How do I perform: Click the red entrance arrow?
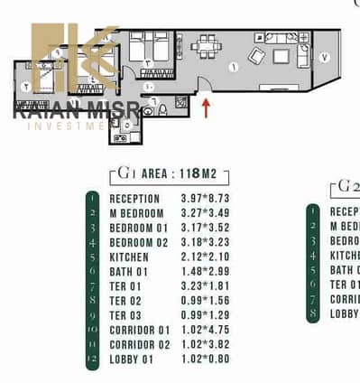207,107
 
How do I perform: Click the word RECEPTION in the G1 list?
134,199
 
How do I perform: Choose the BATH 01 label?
129,272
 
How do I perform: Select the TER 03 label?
125,315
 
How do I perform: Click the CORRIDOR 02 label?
138,344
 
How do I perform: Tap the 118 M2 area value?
204,174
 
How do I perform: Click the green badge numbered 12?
91,359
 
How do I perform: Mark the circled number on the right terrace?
324,58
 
